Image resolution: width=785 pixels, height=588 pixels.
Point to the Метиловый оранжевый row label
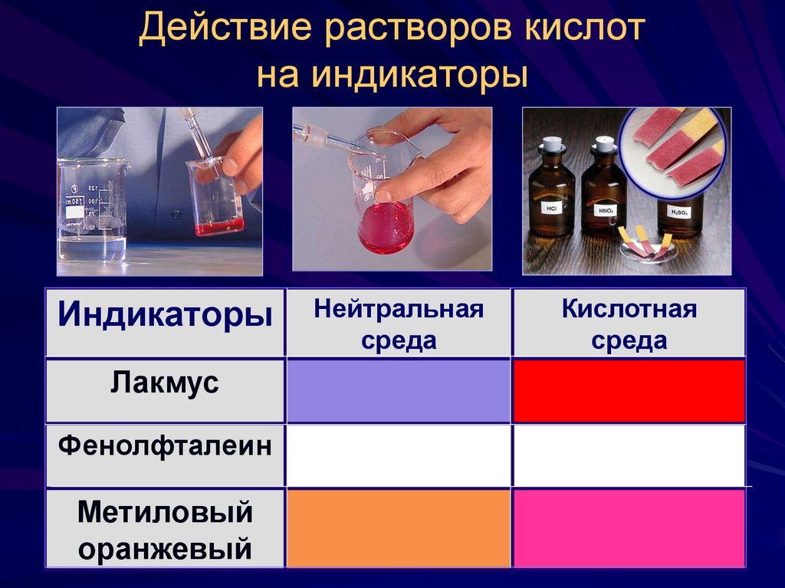pos(166,529)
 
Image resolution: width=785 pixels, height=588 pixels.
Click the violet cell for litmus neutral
pos(399,390)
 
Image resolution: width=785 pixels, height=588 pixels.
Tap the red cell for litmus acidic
pos(629,390)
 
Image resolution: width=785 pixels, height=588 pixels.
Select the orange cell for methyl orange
pos(399,529)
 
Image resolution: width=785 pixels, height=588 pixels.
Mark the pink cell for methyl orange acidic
pos(629,529)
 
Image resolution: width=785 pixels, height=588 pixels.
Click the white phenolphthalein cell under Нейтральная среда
pos(399,455)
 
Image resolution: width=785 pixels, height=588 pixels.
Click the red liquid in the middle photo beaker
pos(386,226)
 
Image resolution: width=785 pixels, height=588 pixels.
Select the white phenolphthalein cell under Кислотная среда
pos(629,455)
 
